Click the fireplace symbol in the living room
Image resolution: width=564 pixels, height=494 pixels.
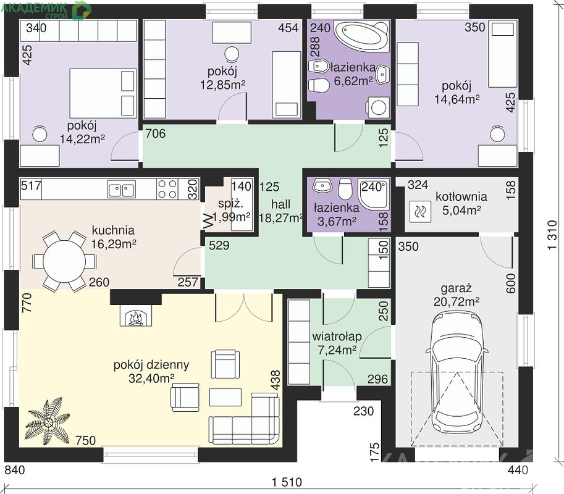pyautogui.click(x=136, y=316)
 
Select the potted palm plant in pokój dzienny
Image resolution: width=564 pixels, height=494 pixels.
pyautogui.click(x=48, y=421)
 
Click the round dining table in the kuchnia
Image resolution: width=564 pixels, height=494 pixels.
pyautogui.click(x=65, y=261)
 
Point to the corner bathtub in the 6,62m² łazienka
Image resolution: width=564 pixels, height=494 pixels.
pyautogui.click(x=362, y=36)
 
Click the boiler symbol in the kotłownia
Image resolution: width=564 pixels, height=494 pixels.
pyautogui.click(x=420, y=211)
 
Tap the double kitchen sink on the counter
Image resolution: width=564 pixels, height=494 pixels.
pyautogui.click(x=122, y=190)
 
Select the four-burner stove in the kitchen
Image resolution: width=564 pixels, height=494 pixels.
pyautogui.click(x=167, y=189)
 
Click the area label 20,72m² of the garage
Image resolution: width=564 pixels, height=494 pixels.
pyautogui.click(x=456, y=302)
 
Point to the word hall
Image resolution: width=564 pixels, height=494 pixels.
pyautogui.click(x=280, y=204)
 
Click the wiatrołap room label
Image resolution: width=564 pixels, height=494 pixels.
pyautogui.click(x=337, y=337)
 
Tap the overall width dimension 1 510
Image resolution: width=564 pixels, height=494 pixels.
pyautogui.click(x=287, y=482)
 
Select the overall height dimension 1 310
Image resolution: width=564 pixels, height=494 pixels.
pyautogui.click(x=552, y=235)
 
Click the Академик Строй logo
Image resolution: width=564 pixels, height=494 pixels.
pyautogui.click(x=46, y=10)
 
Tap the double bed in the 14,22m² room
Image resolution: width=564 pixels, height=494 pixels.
pyautogui.click(x=103, y=93)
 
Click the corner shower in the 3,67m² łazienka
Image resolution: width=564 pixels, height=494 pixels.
pyautogui.click(x=374, y=194)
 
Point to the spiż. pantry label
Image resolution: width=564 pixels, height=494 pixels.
pyautogui.click(x=230, y=204)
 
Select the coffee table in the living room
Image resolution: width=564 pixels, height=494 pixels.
pyautogui.click(x=225, y=397)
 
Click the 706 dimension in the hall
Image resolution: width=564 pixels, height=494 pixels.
pyautogui.click(x=156, y=133)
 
